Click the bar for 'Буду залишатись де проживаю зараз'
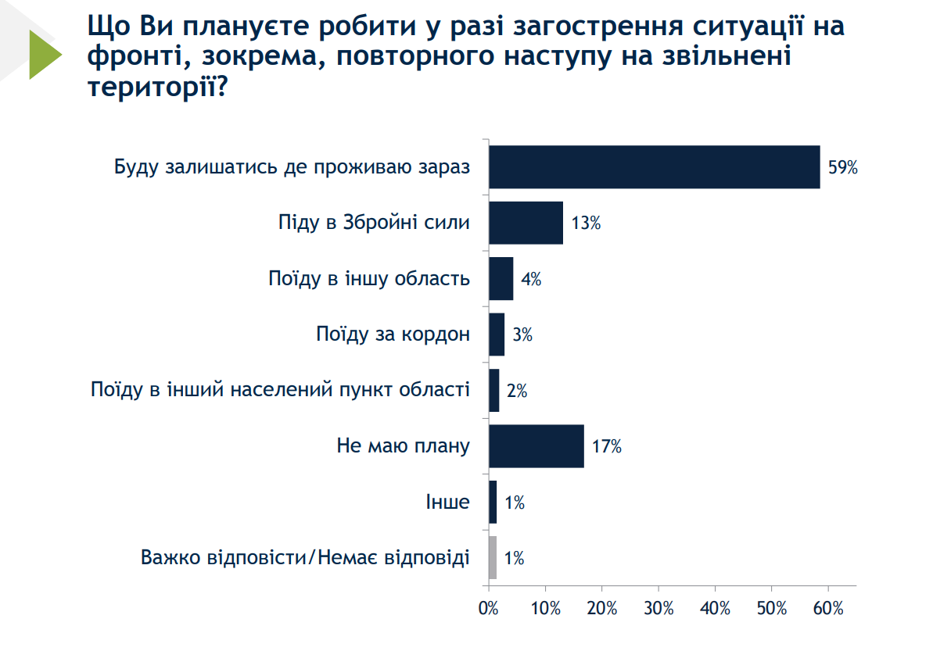tap(654, 167)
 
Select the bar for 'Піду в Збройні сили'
tap(526, 223)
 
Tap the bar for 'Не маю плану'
tap(536, 446)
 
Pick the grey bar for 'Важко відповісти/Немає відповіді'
tap(493, 557)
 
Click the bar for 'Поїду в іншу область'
tap(501, 279)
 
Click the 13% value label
tap(586, 224)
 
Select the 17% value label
tap(607, 447)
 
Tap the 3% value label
tap(522, 335)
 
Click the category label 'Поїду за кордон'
tap(393, 335)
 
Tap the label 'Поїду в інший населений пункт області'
tap(280, 391)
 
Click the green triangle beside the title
tap(43, 55)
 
